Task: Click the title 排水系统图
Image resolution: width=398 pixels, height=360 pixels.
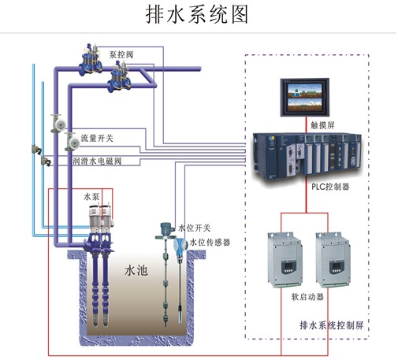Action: tap(197, 15)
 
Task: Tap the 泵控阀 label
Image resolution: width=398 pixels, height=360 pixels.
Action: tap(121, 54)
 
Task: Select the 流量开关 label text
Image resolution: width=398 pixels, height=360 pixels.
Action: tap(97, 138)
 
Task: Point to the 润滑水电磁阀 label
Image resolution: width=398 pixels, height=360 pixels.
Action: tap(97, 161)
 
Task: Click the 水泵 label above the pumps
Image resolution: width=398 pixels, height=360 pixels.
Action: tap(91, 197)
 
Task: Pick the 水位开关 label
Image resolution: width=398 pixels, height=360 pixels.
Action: tap(195, 228)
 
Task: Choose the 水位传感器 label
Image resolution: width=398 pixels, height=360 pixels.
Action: tap(210, 242)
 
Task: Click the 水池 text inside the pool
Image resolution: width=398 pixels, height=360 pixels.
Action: tap(136, 270)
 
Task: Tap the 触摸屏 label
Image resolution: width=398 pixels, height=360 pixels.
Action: tap(322, 125)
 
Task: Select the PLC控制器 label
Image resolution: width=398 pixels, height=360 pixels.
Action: tap(330, 187)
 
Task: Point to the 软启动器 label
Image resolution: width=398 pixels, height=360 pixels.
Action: tap(307, 297)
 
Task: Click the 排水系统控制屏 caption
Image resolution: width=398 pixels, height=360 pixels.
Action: tap(332, 325)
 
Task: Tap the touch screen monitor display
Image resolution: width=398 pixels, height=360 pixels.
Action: tap(305, 97)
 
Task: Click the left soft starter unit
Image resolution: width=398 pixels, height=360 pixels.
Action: tap(285, 259)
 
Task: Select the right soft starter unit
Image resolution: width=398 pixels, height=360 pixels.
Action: tap(333, 260)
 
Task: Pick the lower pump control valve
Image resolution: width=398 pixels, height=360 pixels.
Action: tap(120, 76)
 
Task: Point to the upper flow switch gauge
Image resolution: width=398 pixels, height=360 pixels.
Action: tap(58, 123)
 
